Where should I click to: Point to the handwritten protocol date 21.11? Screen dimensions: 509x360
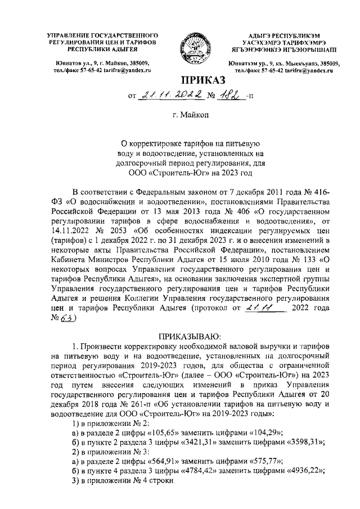[262, 308]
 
